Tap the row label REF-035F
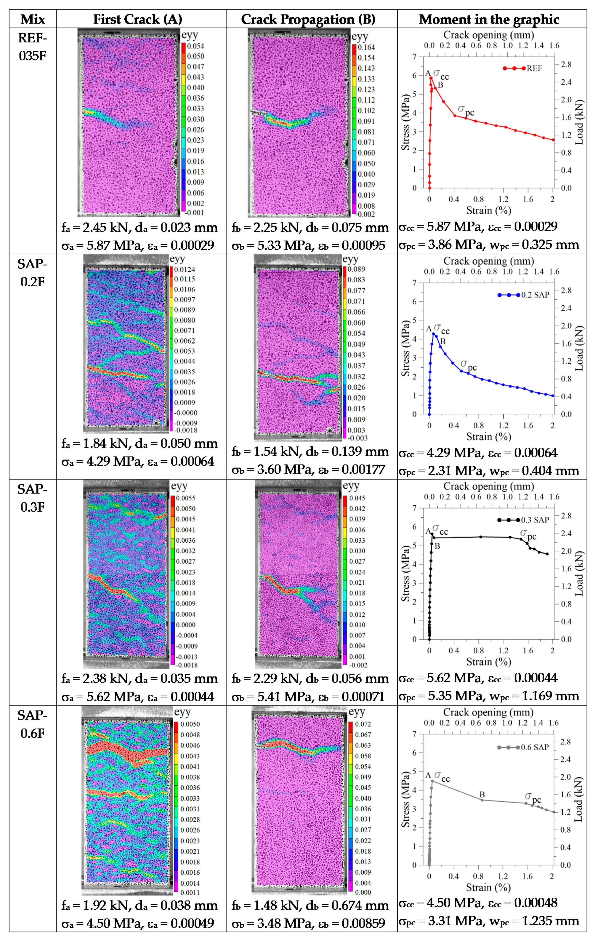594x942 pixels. pyautogui.click(x=32, y=47)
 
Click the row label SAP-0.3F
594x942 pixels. pyautogui.click(x=32, y=498)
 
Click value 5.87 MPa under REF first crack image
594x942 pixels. pyautogui.click(x=101, y=246)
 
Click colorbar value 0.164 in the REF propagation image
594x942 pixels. pyautogui.click(x=366, y=47)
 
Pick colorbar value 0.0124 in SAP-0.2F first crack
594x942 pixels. pyautogui.click(x=185, y=269)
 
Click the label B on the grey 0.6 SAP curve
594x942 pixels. pyautogui.click(x=482, y=794)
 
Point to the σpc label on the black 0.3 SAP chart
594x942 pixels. pyautogui.click(x=528, y=534)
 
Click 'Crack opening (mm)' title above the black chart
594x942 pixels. pyautogui.click(x=488, y=486)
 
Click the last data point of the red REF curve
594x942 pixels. pyautogui.click(x=553, y=140)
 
